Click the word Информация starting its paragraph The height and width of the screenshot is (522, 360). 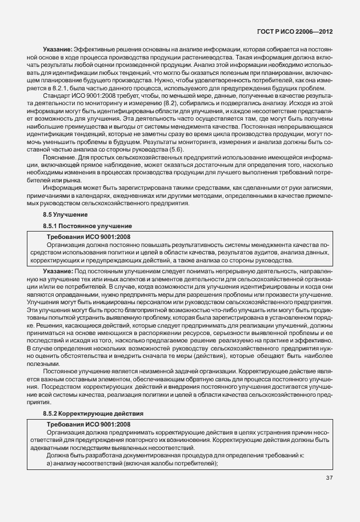(x=62, y=188)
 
